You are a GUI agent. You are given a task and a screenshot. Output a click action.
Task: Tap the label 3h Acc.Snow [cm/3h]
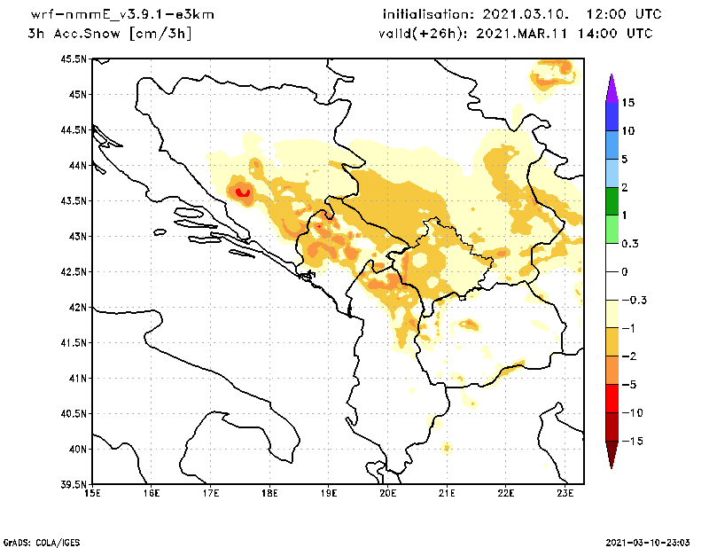coord(110,34)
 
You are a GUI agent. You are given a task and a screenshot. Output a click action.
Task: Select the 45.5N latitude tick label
coord(74,59)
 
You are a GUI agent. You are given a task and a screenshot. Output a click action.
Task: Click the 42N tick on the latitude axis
coord(77,308)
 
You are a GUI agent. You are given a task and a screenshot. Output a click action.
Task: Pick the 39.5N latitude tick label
coord(74,485)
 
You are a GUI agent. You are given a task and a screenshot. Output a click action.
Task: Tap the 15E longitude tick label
coord(91,493)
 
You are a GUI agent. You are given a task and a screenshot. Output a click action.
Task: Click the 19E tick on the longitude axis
coord(329,493)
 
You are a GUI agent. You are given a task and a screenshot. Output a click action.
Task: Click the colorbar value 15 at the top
coord(627,103)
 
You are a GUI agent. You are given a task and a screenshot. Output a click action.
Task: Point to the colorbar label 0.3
coord(630,243)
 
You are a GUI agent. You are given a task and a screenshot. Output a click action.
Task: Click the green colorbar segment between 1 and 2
coord(611,201)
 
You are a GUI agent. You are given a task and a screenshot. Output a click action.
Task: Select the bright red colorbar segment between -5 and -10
coord(611,398)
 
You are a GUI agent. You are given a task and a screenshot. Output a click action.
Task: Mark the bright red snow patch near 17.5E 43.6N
coord(242,192)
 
